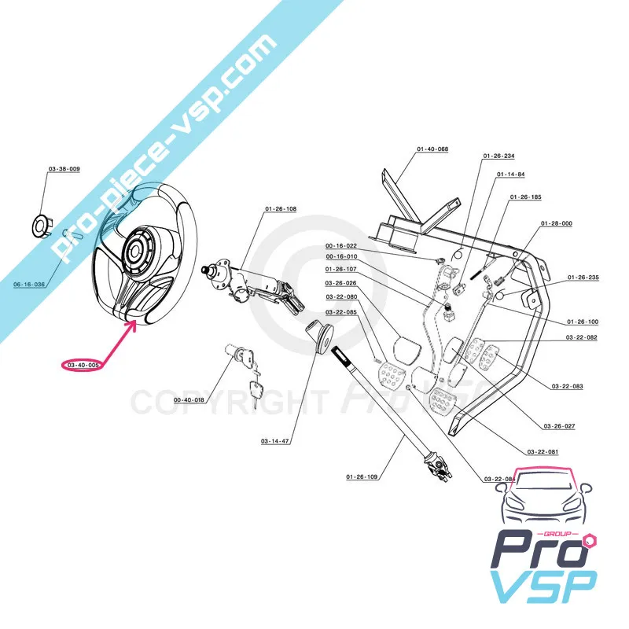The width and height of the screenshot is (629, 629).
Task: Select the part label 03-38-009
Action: pyautogui.click(x=64, y=170)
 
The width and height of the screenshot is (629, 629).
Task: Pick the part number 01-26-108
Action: pyautogui.click(x=281, y=209)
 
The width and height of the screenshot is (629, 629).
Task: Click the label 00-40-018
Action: pyautogui.click(x=189, y=400)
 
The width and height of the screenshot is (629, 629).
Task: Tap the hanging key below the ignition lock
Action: pyautogui.click(x=256, y=391)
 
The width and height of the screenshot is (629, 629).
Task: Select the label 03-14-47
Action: pyautogui.click(x=274, y=442)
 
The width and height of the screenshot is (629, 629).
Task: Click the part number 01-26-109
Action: pyautogui.click(x=362, y=477)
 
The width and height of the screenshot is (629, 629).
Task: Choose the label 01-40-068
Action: pyautogui.click(x=432, y=149)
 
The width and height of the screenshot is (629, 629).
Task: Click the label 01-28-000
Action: pyautogui.click(x=556, y=223)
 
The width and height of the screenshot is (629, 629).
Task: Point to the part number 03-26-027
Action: pyautogui.click(x=559, y=426)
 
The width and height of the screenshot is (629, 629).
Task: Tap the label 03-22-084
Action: pyautogui.click(x=500, y=479)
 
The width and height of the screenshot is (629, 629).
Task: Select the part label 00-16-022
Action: pyautogui.click(x=341, y=245)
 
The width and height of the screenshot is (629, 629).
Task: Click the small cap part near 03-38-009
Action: pyautogui.click(x=39, y=225)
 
